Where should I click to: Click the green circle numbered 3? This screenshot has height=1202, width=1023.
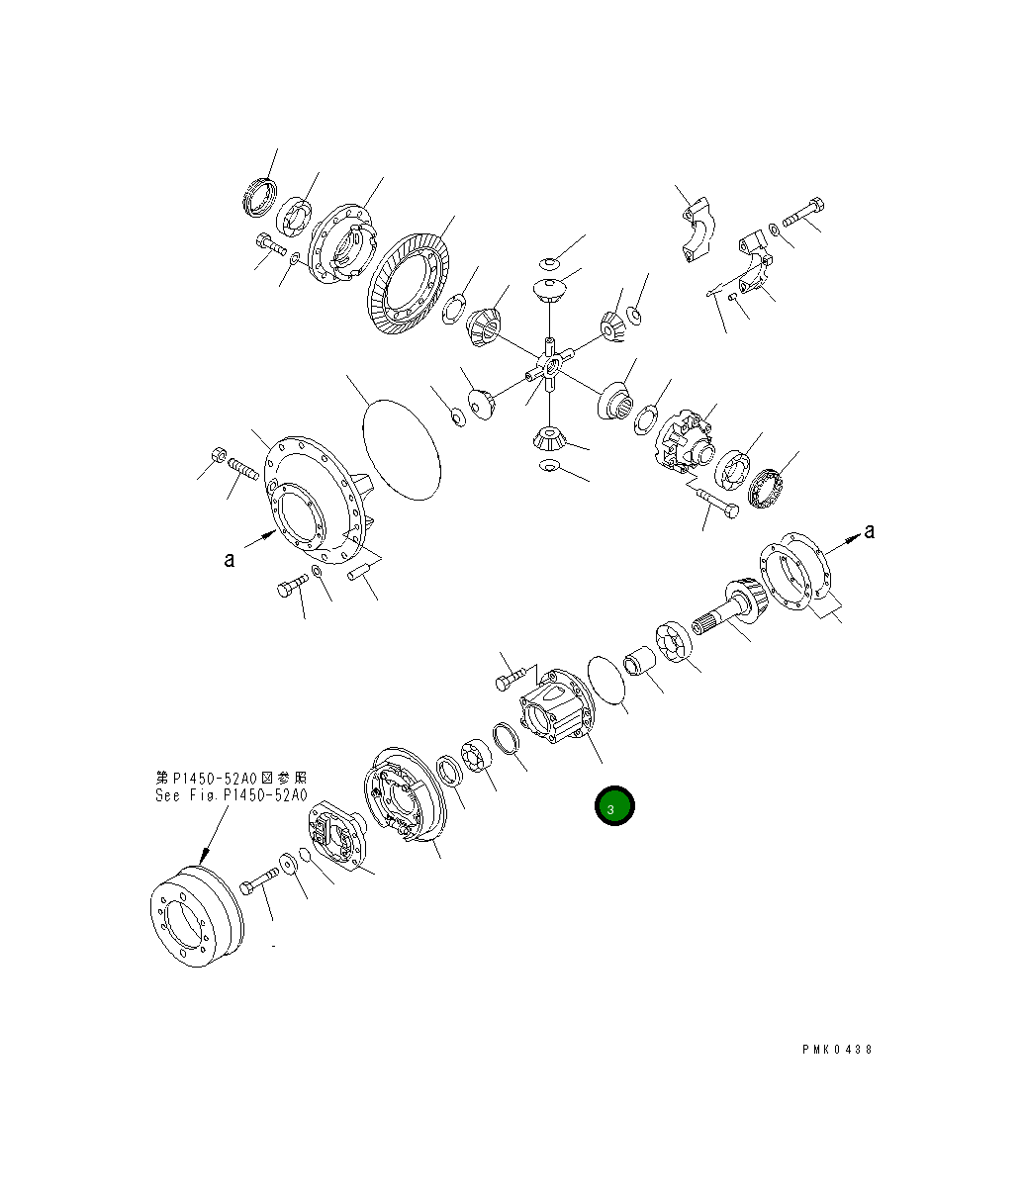614,805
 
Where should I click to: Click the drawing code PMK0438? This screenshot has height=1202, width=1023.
837,1050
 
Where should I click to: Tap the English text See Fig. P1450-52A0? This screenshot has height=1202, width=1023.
231,795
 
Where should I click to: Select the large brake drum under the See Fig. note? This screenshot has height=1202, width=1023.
197,916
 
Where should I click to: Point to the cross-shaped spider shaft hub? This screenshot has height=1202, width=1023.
550,365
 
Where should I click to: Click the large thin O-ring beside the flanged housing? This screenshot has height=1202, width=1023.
402,449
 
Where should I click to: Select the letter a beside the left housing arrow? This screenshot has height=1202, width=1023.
230,559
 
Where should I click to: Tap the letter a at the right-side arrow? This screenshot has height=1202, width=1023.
869,531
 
